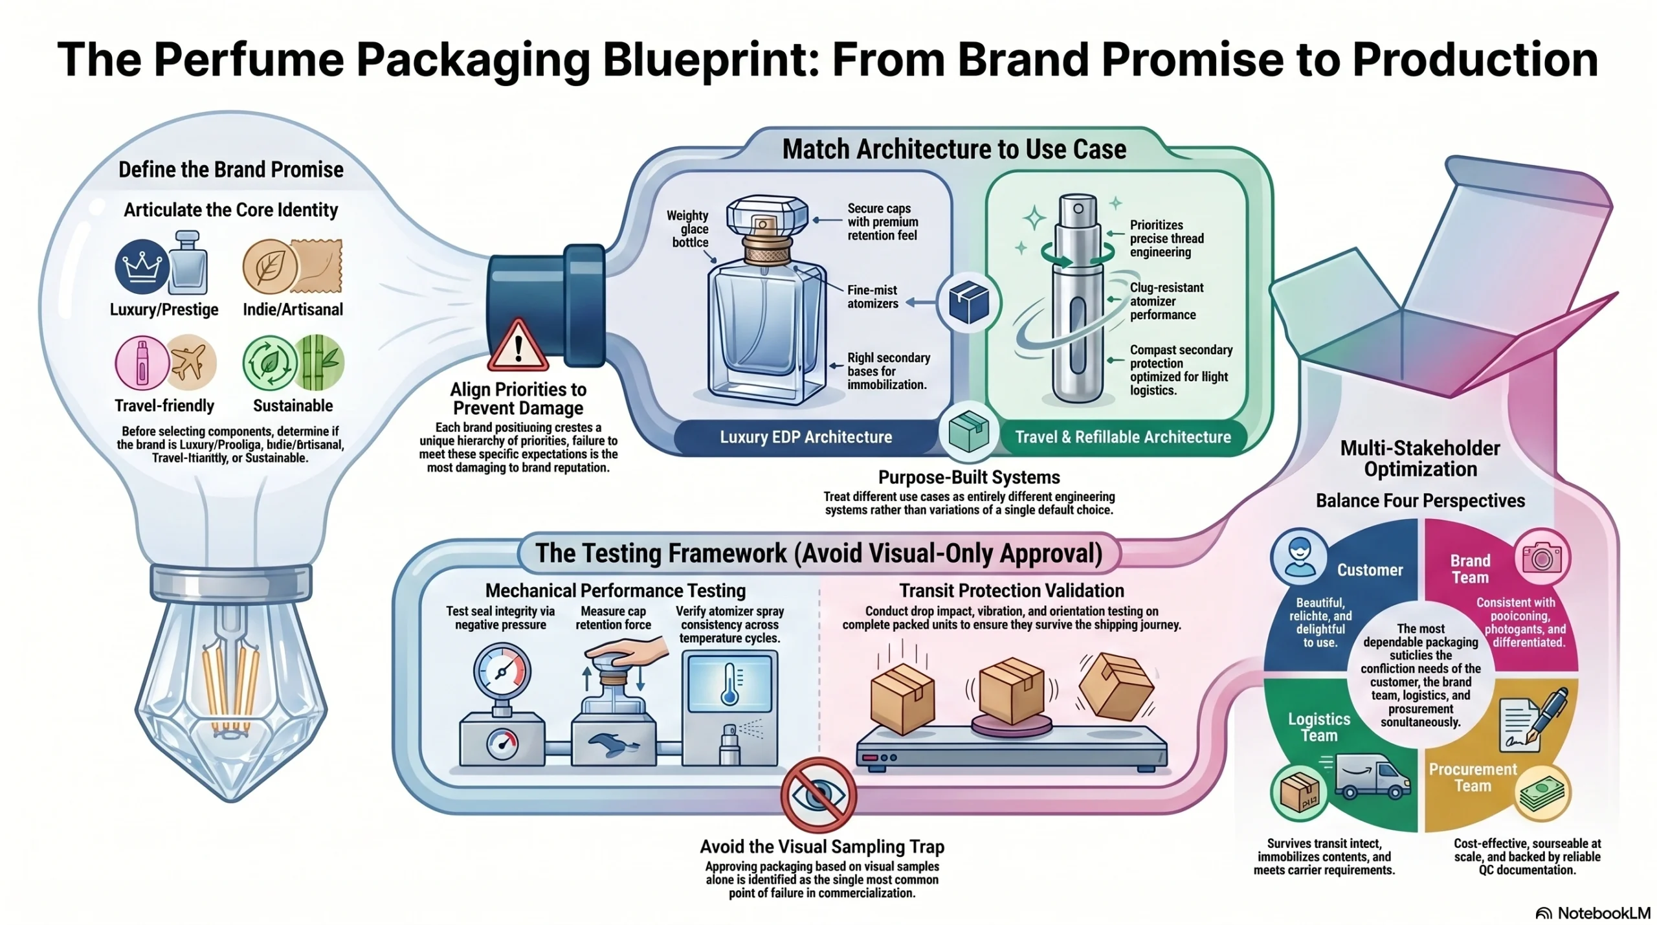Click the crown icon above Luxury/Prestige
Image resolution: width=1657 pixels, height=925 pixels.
point(141,266)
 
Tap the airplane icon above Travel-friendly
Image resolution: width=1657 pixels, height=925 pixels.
point(191,362)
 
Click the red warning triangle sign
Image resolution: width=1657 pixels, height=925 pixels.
point(517,346)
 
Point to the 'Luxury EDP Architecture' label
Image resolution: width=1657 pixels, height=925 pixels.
point(806,437)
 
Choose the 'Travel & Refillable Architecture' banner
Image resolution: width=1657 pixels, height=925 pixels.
point(1122,437)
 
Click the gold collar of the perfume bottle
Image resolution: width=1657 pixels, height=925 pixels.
point(767,249)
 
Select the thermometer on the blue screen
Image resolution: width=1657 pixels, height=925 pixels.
point(730,683)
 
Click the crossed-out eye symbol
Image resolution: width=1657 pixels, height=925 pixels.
point(818,794)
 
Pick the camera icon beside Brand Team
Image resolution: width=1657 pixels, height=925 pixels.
point(1542,557)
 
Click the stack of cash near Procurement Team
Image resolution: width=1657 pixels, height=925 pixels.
point(1542,792)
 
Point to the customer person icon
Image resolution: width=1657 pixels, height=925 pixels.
point(1298,556)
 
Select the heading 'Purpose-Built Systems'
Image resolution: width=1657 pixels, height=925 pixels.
point(969,477)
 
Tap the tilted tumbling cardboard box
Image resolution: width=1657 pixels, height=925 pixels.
point(1115,687)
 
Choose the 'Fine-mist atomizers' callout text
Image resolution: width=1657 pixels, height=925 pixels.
point(873,296)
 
